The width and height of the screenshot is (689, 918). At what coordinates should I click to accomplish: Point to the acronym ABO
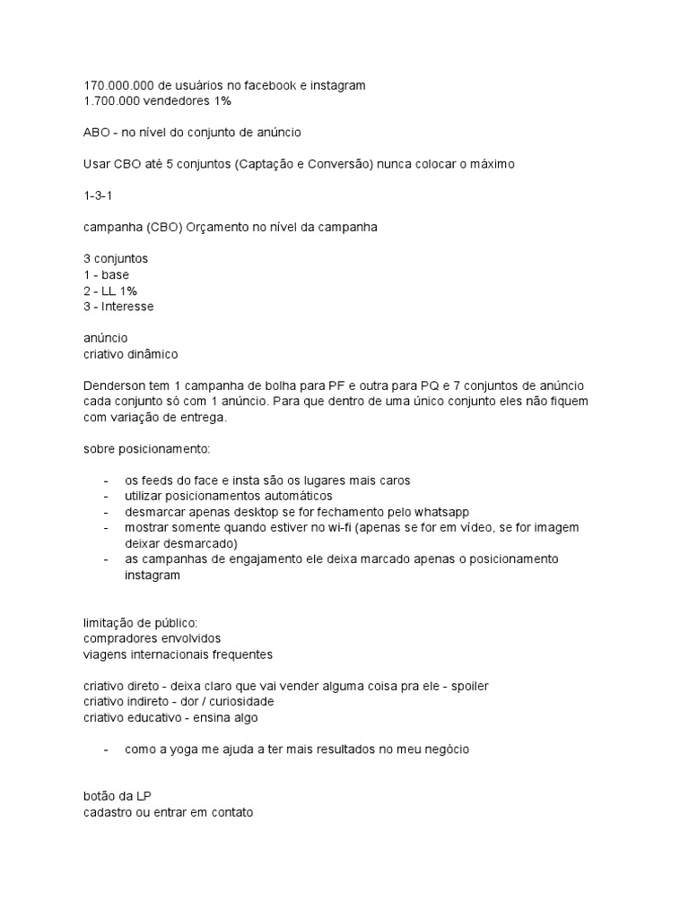pos(97,133)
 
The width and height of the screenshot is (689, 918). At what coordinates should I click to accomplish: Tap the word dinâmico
pos(153,354)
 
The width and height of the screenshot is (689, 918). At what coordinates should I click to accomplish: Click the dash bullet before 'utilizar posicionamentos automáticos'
pos(108,496)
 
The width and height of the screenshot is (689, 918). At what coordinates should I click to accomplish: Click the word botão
pos(101,796)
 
